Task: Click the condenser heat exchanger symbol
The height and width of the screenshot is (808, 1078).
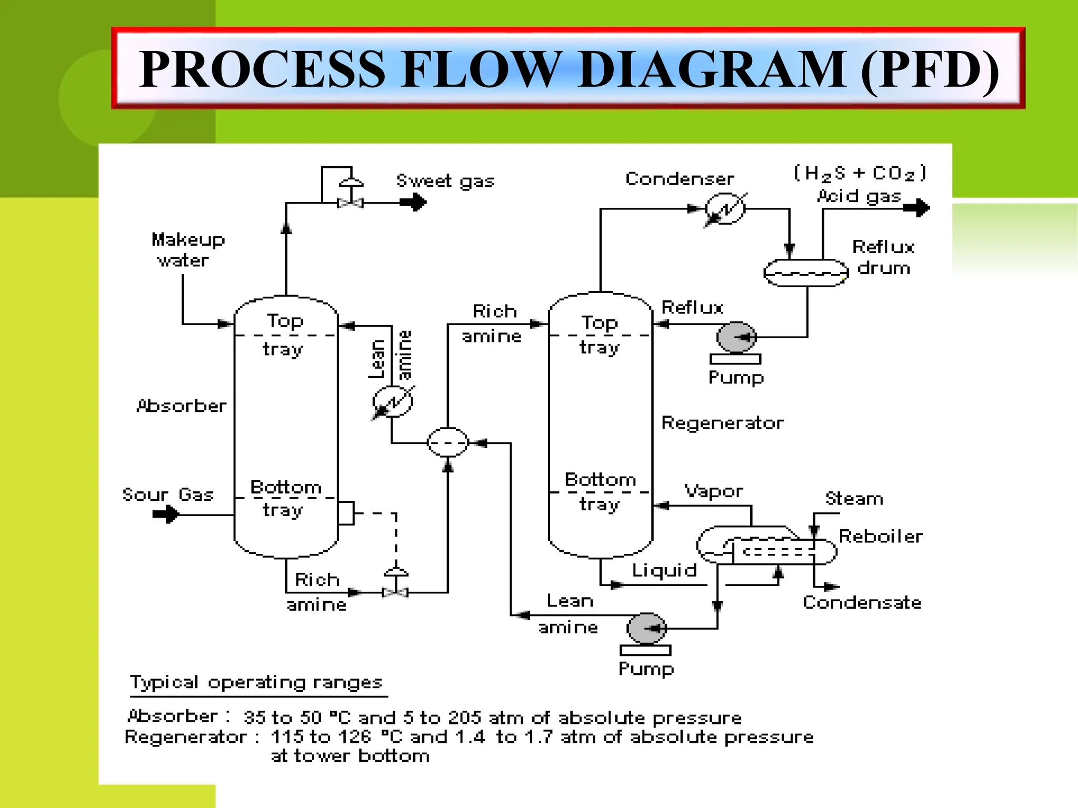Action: (x=725, y=209)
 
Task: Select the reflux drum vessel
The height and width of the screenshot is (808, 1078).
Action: (x=806, y=273)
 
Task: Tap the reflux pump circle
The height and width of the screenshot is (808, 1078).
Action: (x=736, y=337)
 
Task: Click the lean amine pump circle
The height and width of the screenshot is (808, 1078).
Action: (x=646, y=628)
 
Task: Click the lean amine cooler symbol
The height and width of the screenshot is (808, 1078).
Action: (x=393, y=402)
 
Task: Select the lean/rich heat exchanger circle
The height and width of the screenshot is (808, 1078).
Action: (x=447, y=442)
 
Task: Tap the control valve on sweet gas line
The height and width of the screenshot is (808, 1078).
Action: (x=350, y=203)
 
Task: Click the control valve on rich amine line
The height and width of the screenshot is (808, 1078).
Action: (x=396, y=592)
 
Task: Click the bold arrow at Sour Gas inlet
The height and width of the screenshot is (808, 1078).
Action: (x=166, y=514)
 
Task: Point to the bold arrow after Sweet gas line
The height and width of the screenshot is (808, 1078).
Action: (x=414, y=202)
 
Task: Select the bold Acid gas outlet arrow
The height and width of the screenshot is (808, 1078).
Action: (x=917, y=208)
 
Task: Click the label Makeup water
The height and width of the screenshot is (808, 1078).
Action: (x=187, y=250)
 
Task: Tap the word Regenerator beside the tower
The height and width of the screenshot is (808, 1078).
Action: (x=722, y=423)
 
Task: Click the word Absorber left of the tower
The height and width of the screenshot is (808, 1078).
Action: (x=182, y=406)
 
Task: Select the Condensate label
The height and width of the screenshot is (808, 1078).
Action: (x=862, y=603)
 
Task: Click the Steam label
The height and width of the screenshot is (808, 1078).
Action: (x=854, y=499)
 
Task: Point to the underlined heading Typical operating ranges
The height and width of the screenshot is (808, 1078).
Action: (x=256, y=682)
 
